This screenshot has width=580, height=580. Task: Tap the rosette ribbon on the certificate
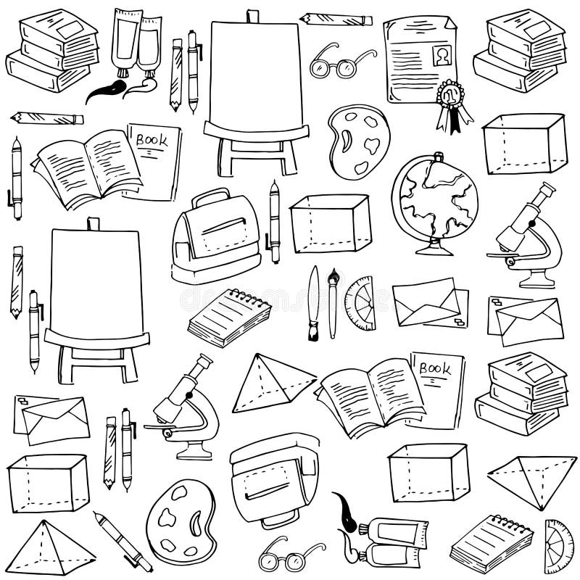449,98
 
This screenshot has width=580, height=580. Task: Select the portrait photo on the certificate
442,53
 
